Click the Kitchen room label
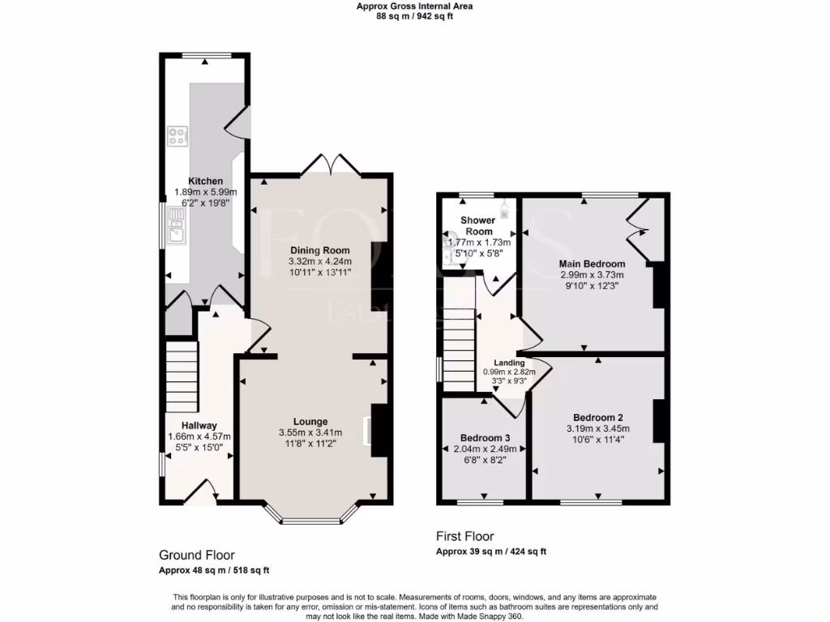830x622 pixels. coord(205,181)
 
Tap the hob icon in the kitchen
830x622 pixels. coord(178,136)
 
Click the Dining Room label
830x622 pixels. coord(320,250)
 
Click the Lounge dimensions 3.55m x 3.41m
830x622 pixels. coord(310,432)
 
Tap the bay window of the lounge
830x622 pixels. coord(311,517)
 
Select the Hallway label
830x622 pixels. coord(199,425)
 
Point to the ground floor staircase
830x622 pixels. coord(182,377)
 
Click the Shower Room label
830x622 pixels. coord(477,226)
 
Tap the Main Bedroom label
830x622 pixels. coord(592,264)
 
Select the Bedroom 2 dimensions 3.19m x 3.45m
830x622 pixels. coord(597,429)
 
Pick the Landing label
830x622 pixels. coord(511,363)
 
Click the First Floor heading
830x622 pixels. coord(464,536)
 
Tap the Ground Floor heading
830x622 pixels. coord(196,555)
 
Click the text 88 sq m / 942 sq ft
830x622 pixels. coord(414,16)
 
